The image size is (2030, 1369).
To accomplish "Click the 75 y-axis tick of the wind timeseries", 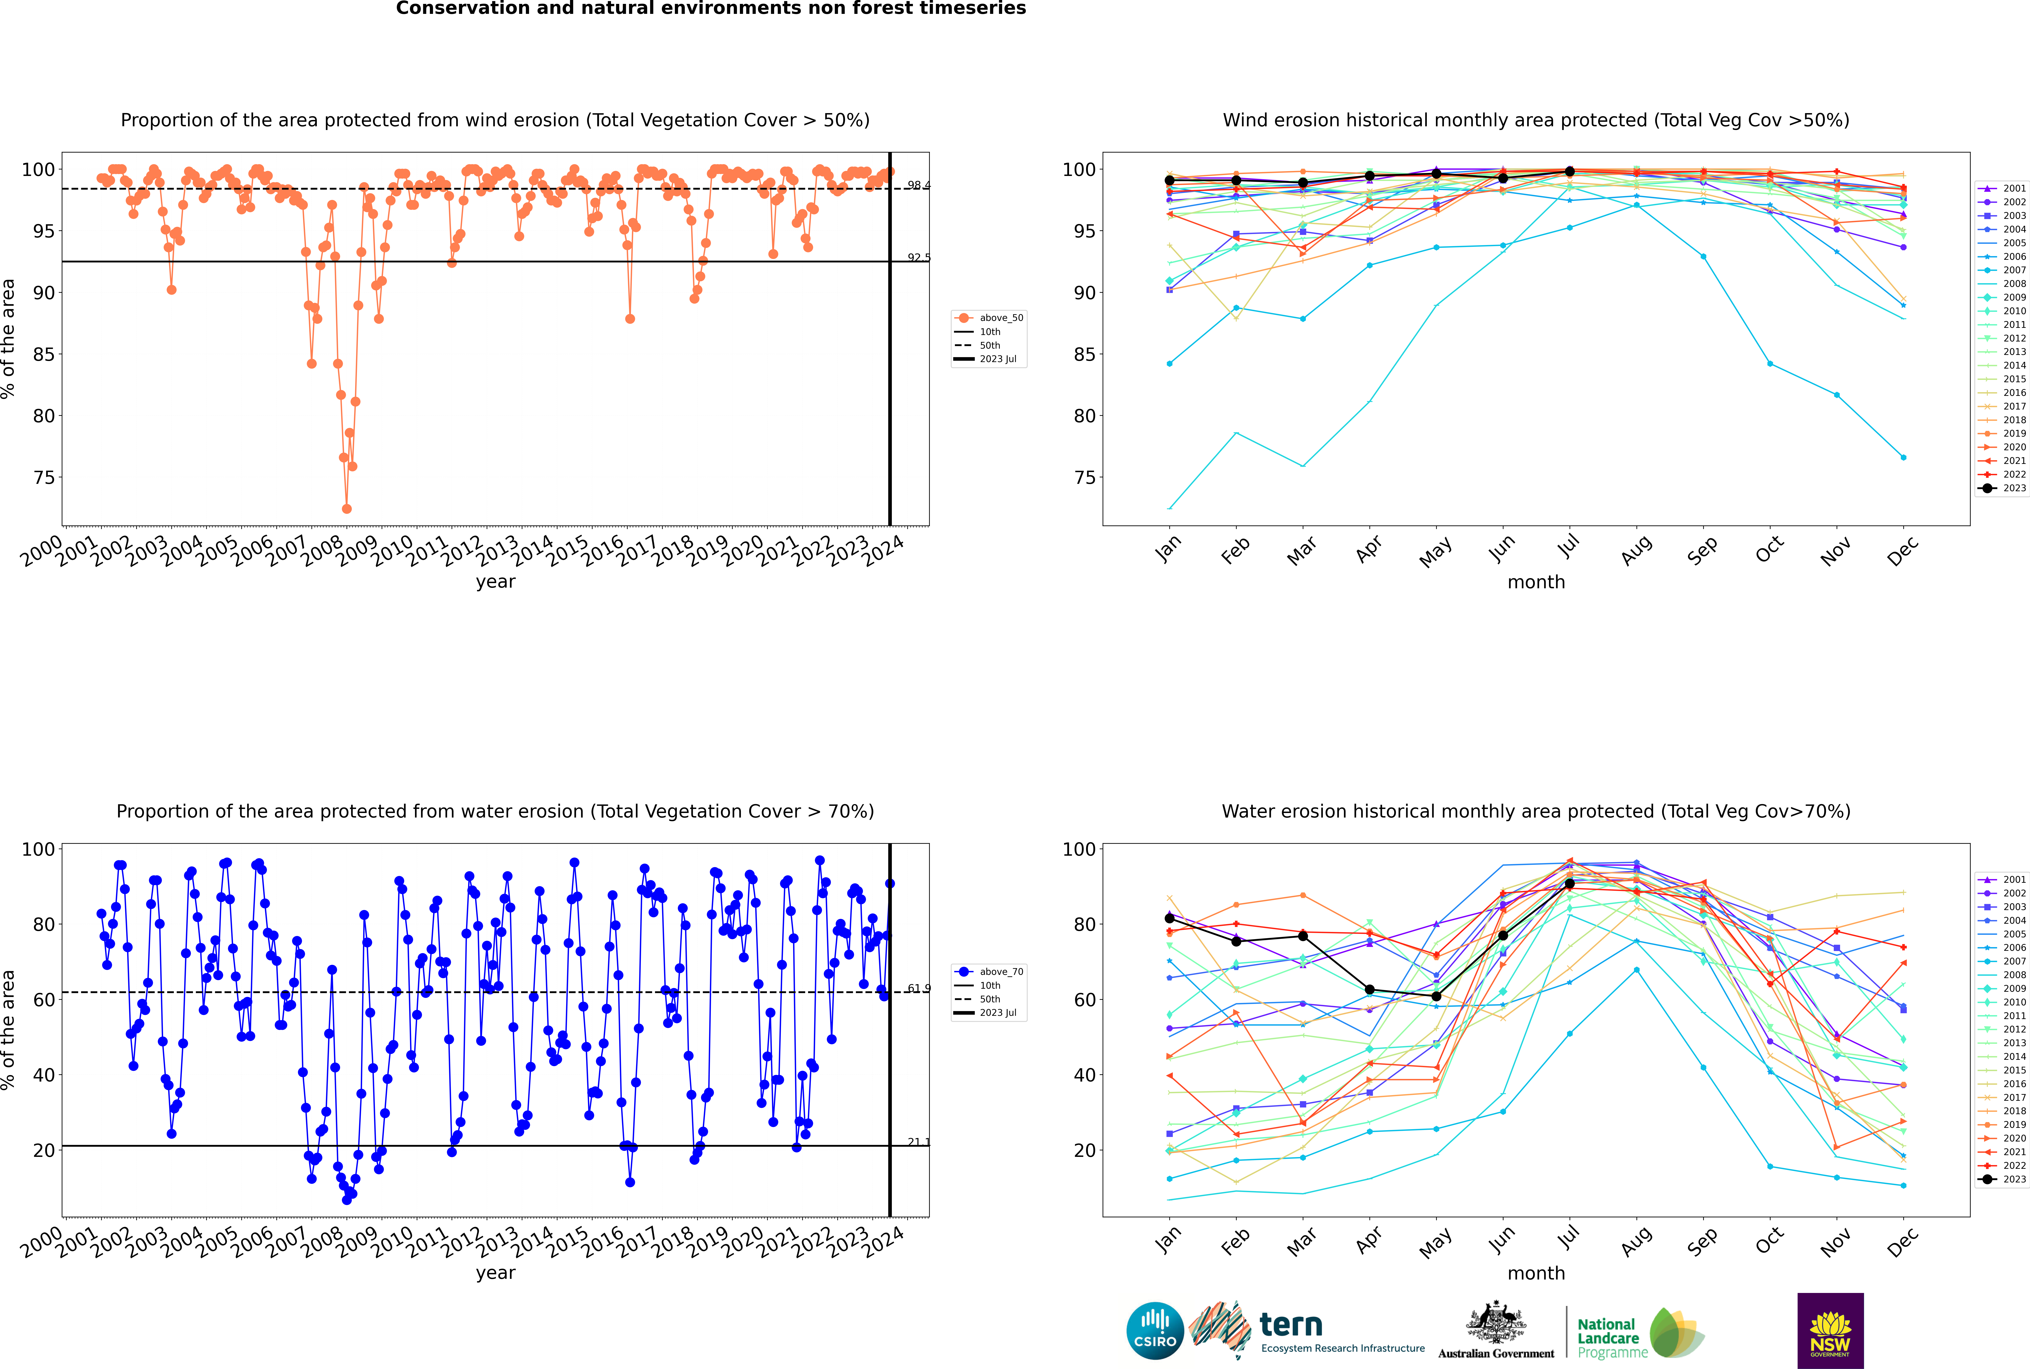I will coord(44,478).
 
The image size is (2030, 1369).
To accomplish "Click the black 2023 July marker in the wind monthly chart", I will coord(1569,171).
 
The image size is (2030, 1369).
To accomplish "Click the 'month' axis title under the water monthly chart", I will coord(1536,1273).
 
